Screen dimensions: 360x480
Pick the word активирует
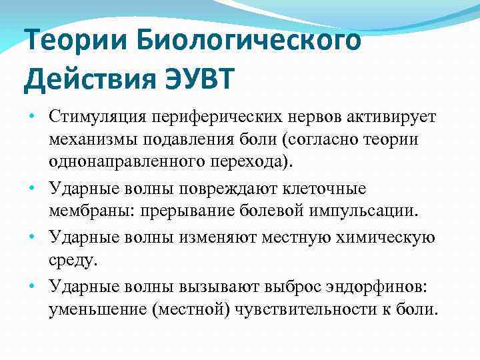coord(378,116)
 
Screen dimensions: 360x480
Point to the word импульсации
coord(374,212)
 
